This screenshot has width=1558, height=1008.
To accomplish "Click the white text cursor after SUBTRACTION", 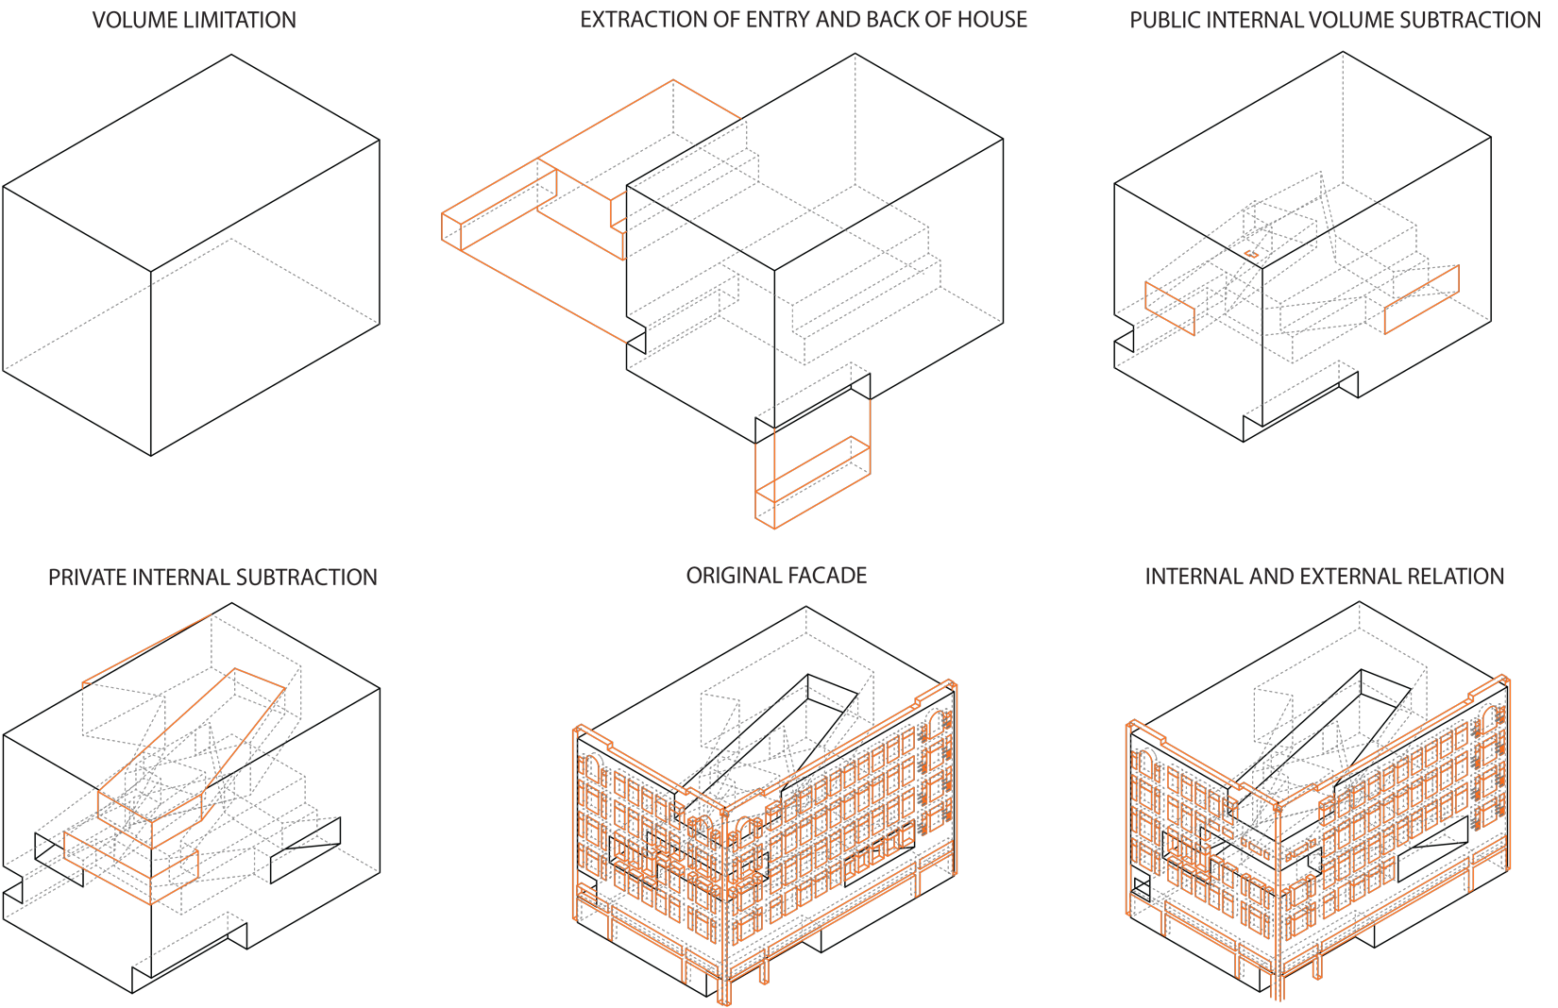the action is [x=1541, y=21].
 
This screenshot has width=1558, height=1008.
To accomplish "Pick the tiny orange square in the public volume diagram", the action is [x=1252, y=254].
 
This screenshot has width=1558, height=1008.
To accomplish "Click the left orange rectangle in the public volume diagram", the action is [x=1170, y=308].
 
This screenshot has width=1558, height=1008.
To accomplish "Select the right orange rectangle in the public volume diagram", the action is [x=1421, y=299].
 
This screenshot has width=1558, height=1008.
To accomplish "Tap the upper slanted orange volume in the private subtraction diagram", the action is [x=189, y=755].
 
